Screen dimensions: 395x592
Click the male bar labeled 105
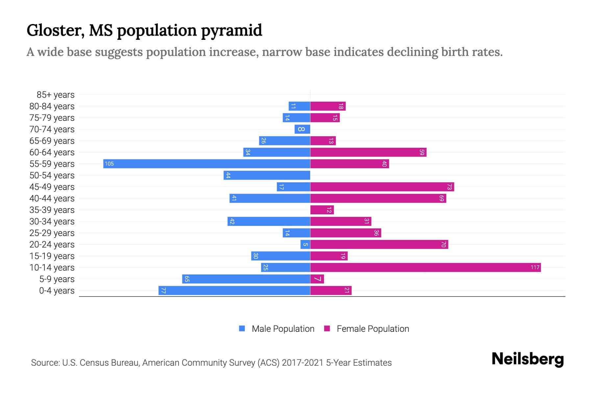click(x=207, y=164)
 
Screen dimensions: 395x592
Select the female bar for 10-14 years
click(x=425, y=267)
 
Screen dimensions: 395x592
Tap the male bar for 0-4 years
click(x=234, y=290)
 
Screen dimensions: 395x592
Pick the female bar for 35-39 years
click(x=322, y=210)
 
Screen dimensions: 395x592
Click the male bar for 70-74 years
click(x=302, y=129)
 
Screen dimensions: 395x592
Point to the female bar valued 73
click(x=382, y=187)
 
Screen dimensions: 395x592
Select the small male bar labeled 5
click(x=305, y=244)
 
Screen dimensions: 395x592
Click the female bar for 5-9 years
click(x=317, y=279)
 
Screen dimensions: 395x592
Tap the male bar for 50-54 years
click(x=267, y=175)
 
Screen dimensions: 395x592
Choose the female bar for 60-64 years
click(x=368, y=152)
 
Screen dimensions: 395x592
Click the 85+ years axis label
click(x=55, y=95)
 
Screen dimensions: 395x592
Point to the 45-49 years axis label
click(x=52, y=187)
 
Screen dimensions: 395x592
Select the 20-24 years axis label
click(x=52, y=245)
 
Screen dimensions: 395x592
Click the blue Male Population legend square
click(x=242, y=329)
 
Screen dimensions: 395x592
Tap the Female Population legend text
click(x=373, y=329)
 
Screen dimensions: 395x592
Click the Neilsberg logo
click(x=528, y=359)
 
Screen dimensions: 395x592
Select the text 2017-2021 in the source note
click(x=302, y=363)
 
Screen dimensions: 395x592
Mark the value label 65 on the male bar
click(x=187, y=279)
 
